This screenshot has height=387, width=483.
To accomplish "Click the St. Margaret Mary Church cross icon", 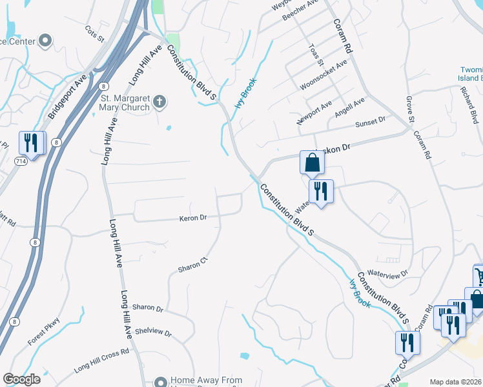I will point(160,102).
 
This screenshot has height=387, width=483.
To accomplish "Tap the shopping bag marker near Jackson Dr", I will point(312,163).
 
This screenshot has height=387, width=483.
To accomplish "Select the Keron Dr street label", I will point(192,218).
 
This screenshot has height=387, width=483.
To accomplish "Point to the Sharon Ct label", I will point(193,263).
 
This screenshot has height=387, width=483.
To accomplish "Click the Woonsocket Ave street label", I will point(324,75).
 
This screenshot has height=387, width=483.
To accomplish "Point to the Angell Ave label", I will point(349,106).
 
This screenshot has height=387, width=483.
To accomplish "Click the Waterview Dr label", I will point(387,274).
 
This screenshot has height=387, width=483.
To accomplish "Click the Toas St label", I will point(314,55).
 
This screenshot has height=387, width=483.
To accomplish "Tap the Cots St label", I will point(94,34).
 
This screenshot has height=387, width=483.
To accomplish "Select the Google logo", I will point(22,379).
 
